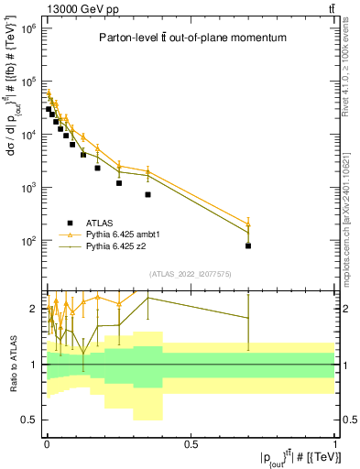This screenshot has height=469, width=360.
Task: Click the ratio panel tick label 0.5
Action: click(x=29, y=420)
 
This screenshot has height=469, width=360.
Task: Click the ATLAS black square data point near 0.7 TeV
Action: click(x=248, y=245)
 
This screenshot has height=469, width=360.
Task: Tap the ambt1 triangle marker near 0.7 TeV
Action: click(x=248, y=224)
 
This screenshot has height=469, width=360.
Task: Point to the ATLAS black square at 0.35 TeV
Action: click(x=147, y=194)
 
